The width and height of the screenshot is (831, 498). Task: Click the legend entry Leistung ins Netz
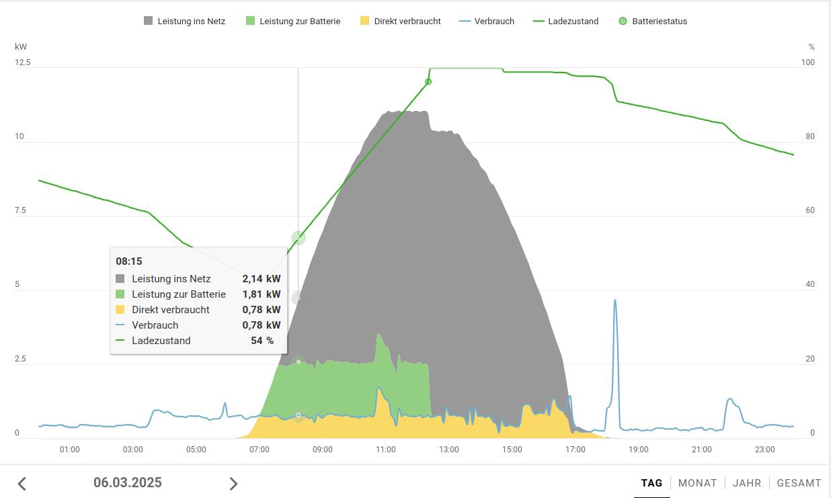coord(184,21)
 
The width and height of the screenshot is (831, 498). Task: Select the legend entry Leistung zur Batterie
coord(292,21)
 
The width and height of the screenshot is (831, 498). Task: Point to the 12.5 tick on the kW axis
coord(23,63)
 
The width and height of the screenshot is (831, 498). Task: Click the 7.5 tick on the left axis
coord(19,210)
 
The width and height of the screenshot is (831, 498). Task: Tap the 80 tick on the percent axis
coord(810,136)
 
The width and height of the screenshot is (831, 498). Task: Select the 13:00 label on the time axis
coord(449,450)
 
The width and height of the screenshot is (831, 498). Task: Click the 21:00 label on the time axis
coord(702,450)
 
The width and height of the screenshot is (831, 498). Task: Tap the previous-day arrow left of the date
coord(22,483)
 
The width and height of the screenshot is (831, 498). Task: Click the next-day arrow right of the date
coord(233,483)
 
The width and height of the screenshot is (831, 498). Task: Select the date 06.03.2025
coord(128,483)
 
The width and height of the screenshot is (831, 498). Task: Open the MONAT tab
coord(697,483)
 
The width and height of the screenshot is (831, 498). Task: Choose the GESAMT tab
coord(799,483)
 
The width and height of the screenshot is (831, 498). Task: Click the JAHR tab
coord(747,483)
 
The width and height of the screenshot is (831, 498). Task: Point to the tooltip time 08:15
coord(129,261)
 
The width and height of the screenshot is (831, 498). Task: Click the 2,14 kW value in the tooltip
coord(262,279)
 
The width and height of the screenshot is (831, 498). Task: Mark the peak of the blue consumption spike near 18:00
coord(615,300)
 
